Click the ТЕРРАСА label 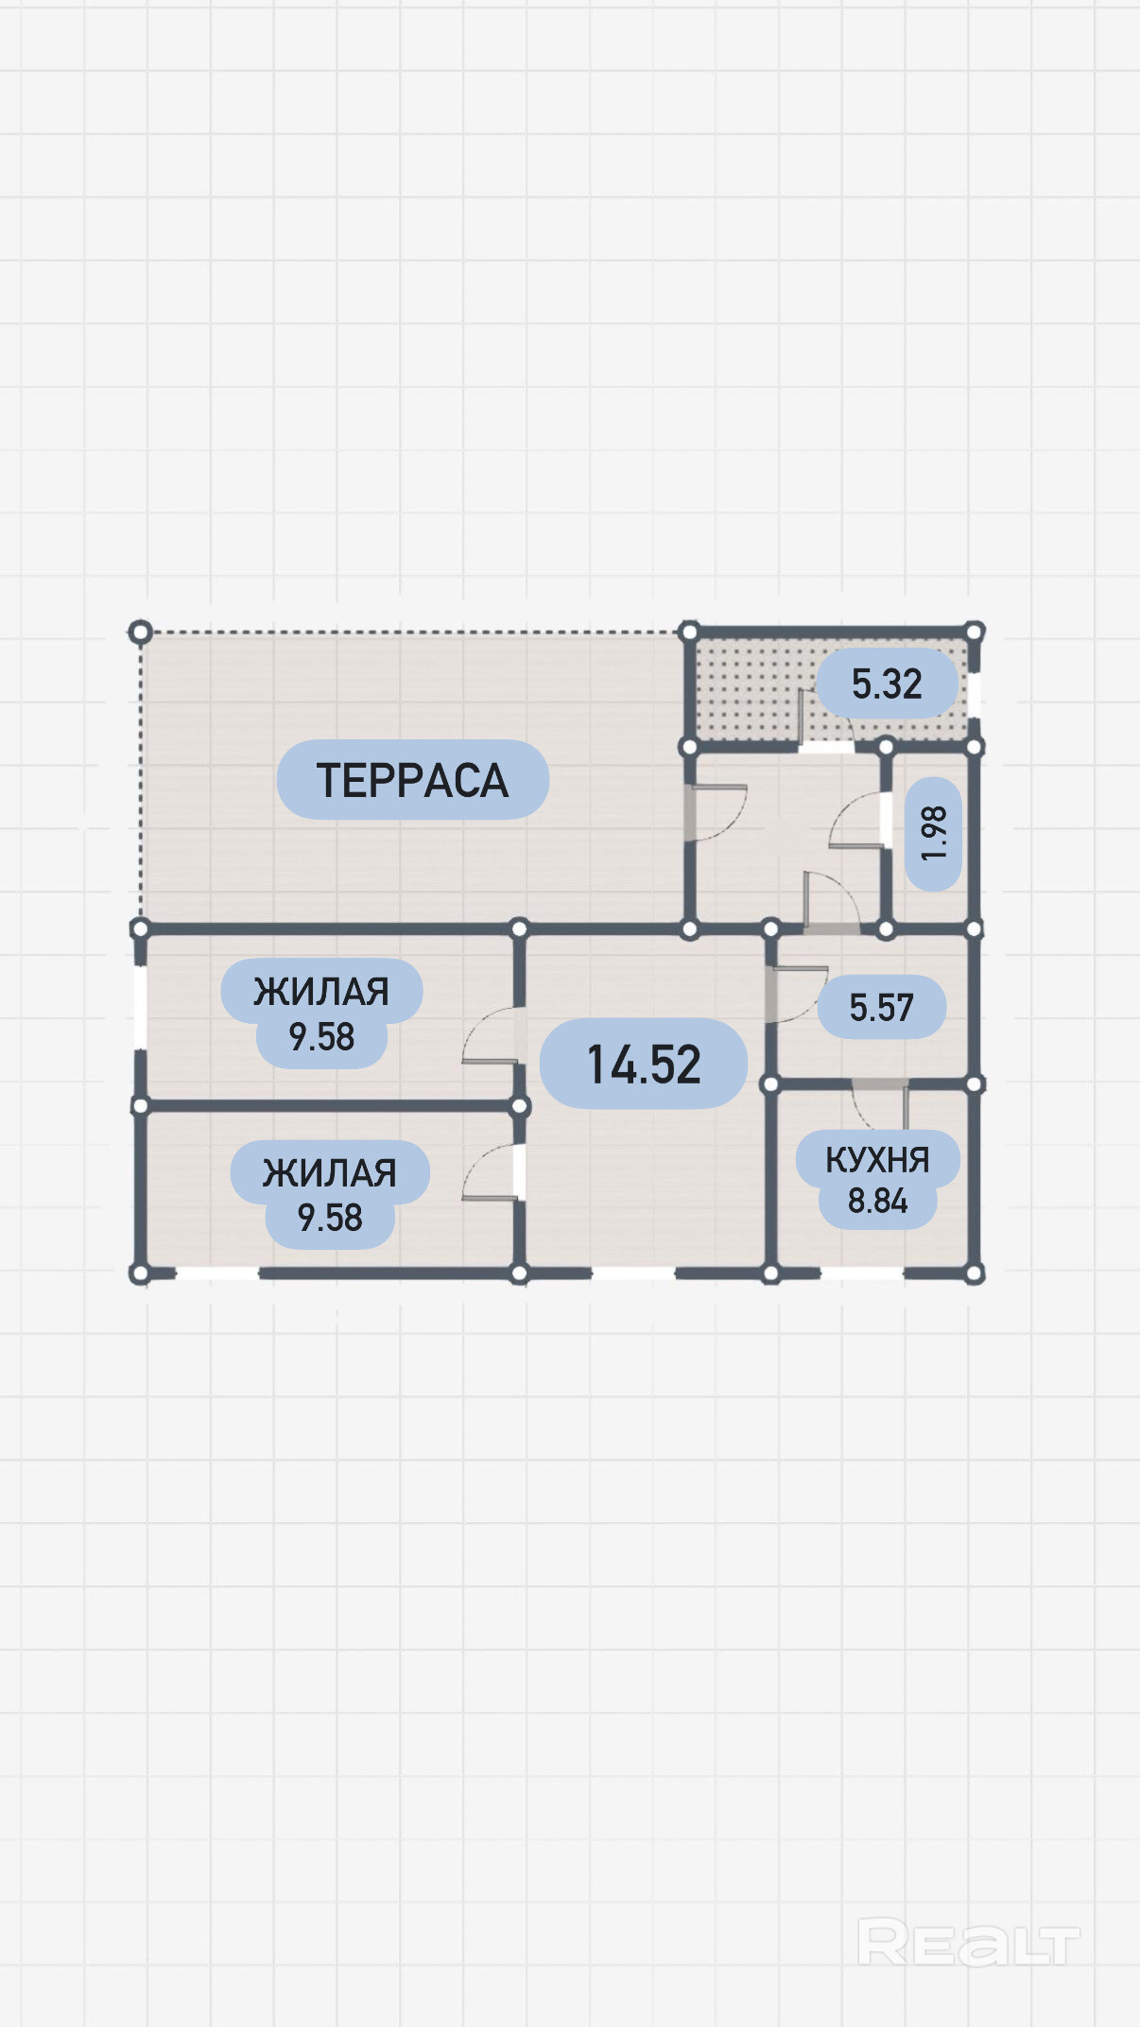click(412, 780)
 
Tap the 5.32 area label click(886, 684)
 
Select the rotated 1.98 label click(933, 833)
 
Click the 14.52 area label click(643, 1064)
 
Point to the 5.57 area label click(881, 1007)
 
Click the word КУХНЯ click(877, 1160)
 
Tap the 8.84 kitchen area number click(877, 1201)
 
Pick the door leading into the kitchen click(879, 1101)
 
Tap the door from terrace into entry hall click(716, 812)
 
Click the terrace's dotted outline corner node click(140, 632)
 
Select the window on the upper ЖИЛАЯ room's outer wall click(140, 1007)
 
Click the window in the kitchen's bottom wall click(861, 1273)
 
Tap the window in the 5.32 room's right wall click(974, 695)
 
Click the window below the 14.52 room click(633, 1273)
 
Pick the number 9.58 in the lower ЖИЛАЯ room click(330, 1218)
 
